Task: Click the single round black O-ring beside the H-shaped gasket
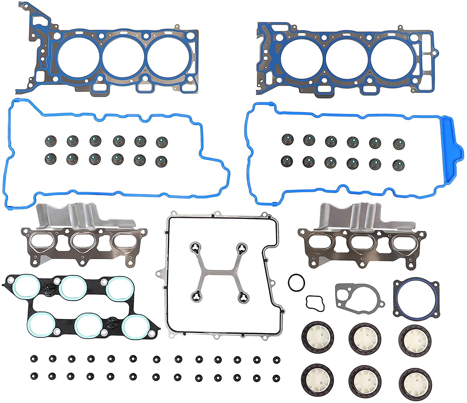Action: pyautogui.click(x=296, y=283)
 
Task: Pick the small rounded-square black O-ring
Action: pyautogui.click(x=315, y=303)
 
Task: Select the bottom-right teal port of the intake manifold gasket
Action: pyautogui.click(x=134, y=326)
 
